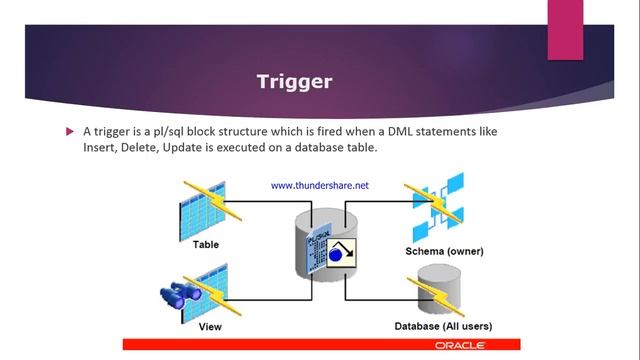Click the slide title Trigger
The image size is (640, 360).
[x=294, y=81]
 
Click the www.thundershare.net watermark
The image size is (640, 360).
[x=319, y=185]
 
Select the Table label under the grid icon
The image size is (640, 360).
[x=205, y=244]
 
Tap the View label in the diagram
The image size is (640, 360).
[x=209, y=326]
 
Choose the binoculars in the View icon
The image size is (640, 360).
[x=181, y=297]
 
